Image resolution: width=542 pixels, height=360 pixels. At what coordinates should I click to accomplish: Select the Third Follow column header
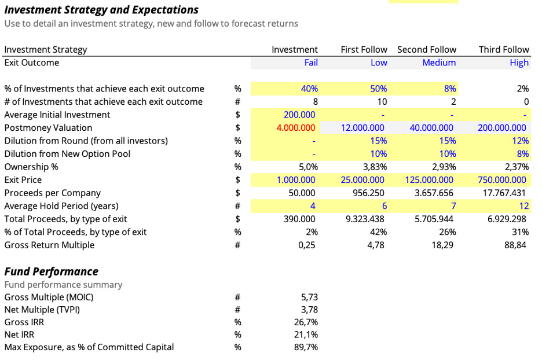(504, 50)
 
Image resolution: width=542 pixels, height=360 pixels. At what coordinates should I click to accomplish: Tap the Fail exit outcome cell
(311, 63)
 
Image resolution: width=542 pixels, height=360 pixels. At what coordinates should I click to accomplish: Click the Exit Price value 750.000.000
(502, 180)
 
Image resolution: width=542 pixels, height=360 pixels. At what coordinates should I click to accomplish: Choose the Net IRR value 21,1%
(306, 335)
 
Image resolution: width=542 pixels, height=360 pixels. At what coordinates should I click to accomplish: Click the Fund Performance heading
(52, 271)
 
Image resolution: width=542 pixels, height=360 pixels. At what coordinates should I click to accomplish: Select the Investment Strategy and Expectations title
(101, 10)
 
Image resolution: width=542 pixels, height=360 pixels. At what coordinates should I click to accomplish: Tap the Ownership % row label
(31, 167)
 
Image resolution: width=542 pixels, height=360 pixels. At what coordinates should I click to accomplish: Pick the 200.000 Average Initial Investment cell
(299, 115)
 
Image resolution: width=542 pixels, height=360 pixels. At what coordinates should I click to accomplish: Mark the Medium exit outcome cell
(439, 63)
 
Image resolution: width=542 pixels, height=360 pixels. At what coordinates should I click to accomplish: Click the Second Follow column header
(427, 50)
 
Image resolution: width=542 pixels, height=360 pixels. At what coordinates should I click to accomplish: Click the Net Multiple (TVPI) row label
(42, 310)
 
